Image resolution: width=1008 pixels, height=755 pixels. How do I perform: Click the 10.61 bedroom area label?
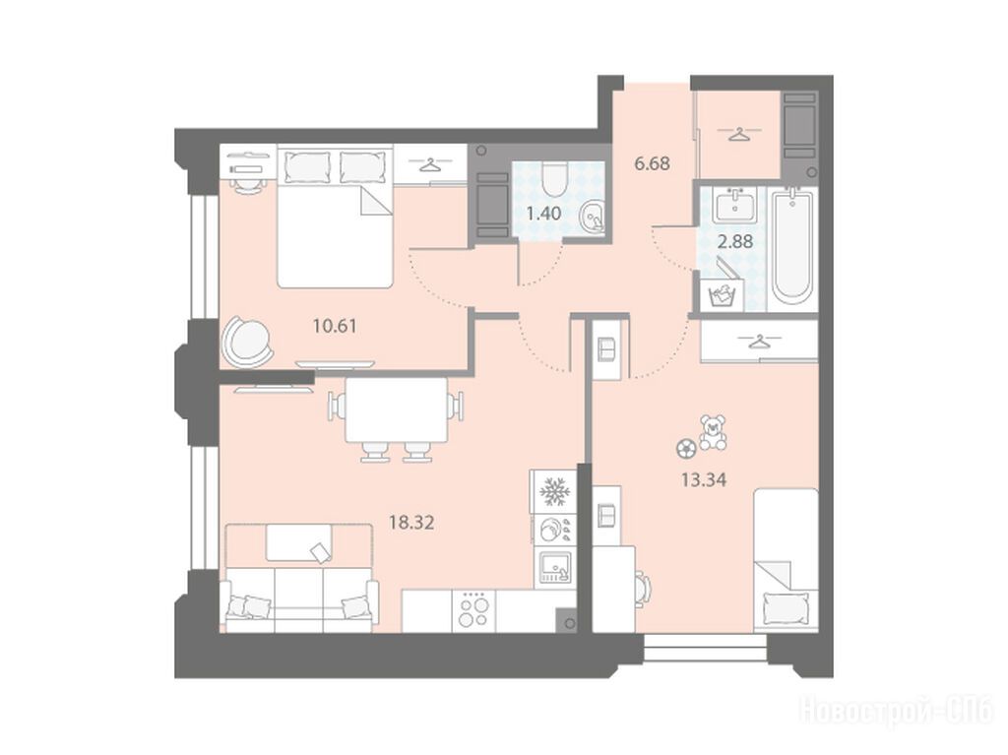click(335, 326)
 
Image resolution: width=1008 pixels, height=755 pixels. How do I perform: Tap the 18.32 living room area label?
click(411, 522)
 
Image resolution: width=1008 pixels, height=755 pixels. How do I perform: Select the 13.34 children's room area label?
click(704, 479)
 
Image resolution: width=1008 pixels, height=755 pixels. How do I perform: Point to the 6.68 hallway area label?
click(652, 163)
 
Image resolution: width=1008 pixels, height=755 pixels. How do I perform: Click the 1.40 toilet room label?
click(543, 213)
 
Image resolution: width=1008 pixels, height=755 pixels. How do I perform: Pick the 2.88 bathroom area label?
click(734, 242)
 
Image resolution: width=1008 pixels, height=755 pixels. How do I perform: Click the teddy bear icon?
click(713, 431)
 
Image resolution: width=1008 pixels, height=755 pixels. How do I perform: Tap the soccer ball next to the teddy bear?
click(685, 448)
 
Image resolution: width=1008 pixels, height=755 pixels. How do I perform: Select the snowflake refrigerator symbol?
click(553, 492)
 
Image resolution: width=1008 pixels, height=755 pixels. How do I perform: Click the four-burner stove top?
click(473, 611)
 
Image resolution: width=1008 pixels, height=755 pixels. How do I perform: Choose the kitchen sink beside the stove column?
click(554, 567)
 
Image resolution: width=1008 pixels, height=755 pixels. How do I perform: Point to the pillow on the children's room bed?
click(785, 606)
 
